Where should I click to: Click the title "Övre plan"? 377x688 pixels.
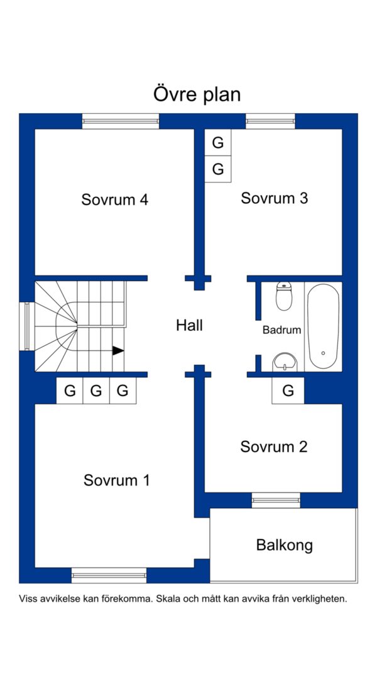(x=197, y=94)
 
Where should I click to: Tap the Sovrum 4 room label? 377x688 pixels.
(x=115, y=200)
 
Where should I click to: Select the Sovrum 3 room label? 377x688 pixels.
(x=275, y=198)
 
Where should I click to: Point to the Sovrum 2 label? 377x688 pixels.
(x=273, y=447)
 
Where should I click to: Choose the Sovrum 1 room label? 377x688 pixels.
(x=117, y=480)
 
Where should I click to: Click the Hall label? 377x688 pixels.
(x=189, y=326)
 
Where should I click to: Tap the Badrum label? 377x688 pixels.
(x=282, y=330)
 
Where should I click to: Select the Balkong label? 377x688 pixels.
(x=285, y=546)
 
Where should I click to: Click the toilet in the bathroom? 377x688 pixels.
(x=284, y=297)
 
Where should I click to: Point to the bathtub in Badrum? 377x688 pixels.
(x=323, y=326)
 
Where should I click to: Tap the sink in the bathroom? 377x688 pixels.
(x=285, y=362)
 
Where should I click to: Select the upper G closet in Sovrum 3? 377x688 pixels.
(x=218, y=143)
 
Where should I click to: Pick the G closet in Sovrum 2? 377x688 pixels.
(x=288, y=391)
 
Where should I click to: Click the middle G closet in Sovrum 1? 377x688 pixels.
(x=96, y=391)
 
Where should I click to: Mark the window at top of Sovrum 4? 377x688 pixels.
(x=121, y=121)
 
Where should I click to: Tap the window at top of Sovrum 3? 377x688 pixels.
(x=270, y=121)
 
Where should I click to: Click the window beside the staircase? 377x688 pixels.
(x=27, y=326)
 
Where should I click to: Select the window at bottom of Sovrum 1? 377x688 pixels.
(x=109, y=575)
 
